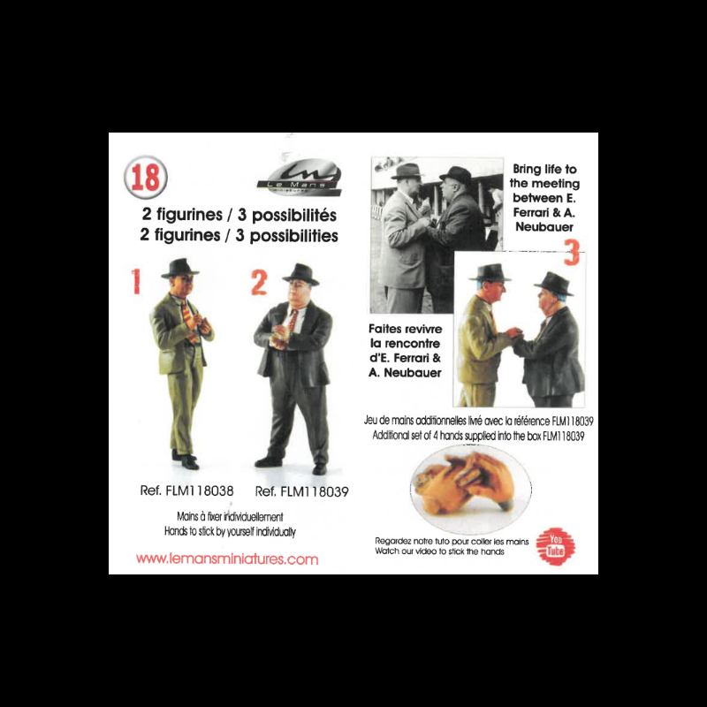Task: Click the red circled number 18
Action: point(145,177)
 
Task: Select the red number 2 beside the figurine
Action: point(259,283)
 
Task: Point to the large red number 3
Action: point(572,254)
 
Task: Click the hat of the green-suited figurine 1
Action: point(179,268)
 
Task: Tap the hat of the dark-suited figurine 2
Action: point(300,274)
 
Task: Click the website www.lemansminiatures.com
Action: point(227,559)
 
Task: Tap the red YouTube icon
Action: point(557,545)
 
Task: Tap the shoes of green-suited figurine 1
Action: point(185,460)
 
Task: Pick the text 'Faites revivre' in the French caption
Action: point(398,329)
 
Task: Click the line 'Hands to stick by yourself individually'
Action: point(230,533)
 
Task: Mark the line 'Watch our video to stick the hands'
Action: point(439,551)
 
